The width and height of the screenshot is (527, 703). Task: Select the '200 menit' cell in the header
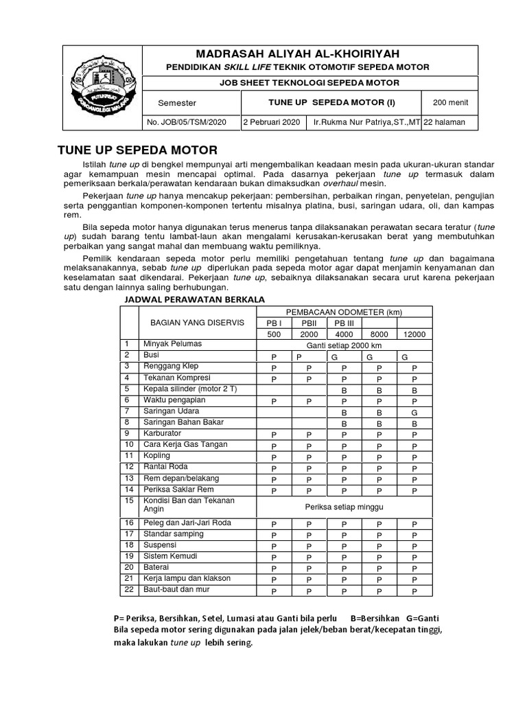tap(450, 103)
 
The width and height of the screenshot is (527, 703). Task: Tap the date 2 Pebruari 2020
tap(272, 122)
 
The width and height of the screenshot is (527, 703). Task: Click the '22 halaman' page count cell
tap(445, 122)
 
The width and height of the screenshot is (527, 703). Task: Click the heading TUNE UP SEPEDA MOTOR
tap(137, 150)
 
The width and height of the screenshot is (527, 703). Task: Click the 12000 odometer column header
tap(414, 334)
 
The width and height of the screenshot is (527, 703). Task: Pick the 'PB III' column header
tap(344, 323)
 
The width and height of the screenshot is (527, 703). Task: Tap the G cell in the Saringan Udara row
tap(414, 412)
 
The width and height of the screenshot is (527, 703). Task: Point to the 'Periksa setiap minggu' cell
tap(344, 507)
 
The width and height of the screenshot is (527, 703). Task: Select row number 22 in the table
tap(127, 589)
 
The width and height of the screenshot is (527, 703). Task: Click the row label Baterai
tap(156, 567)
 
